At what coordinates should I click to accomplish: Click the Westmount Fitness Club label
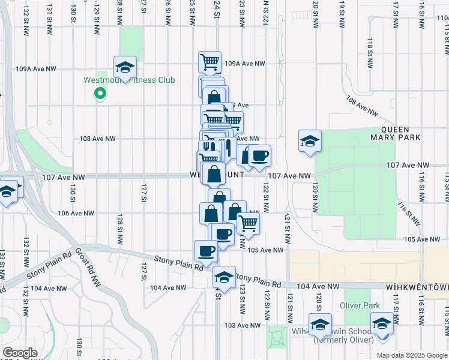pos(129,80)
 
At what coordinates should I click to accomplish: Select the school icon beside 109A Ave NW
pos(125,67)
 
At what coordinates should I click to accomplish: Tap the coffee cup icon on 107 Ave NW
pos(259,157)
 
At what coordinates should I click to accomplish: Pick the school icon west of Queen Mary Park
pos(309,142)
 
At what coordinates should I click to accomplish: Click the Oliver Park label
pos(360,305)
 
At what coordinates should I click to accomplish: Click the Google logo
pos(19,353)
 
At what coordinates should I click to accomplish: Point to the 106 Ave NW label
pos(76,213)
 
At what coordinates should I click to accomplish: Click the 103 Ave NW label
pos(242,325)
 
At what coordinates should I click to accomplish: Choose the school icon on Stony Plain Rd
pos(224,278)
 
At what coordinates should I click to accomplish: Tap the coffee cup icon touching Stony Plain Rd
pos(206,251)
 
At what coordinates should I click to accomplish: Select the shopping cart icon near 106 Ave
pos(248,224)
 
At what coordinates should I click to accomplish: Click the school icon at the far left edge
pos(8,191)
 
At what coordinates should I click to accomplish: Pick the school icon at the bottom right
pos(382,324)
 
